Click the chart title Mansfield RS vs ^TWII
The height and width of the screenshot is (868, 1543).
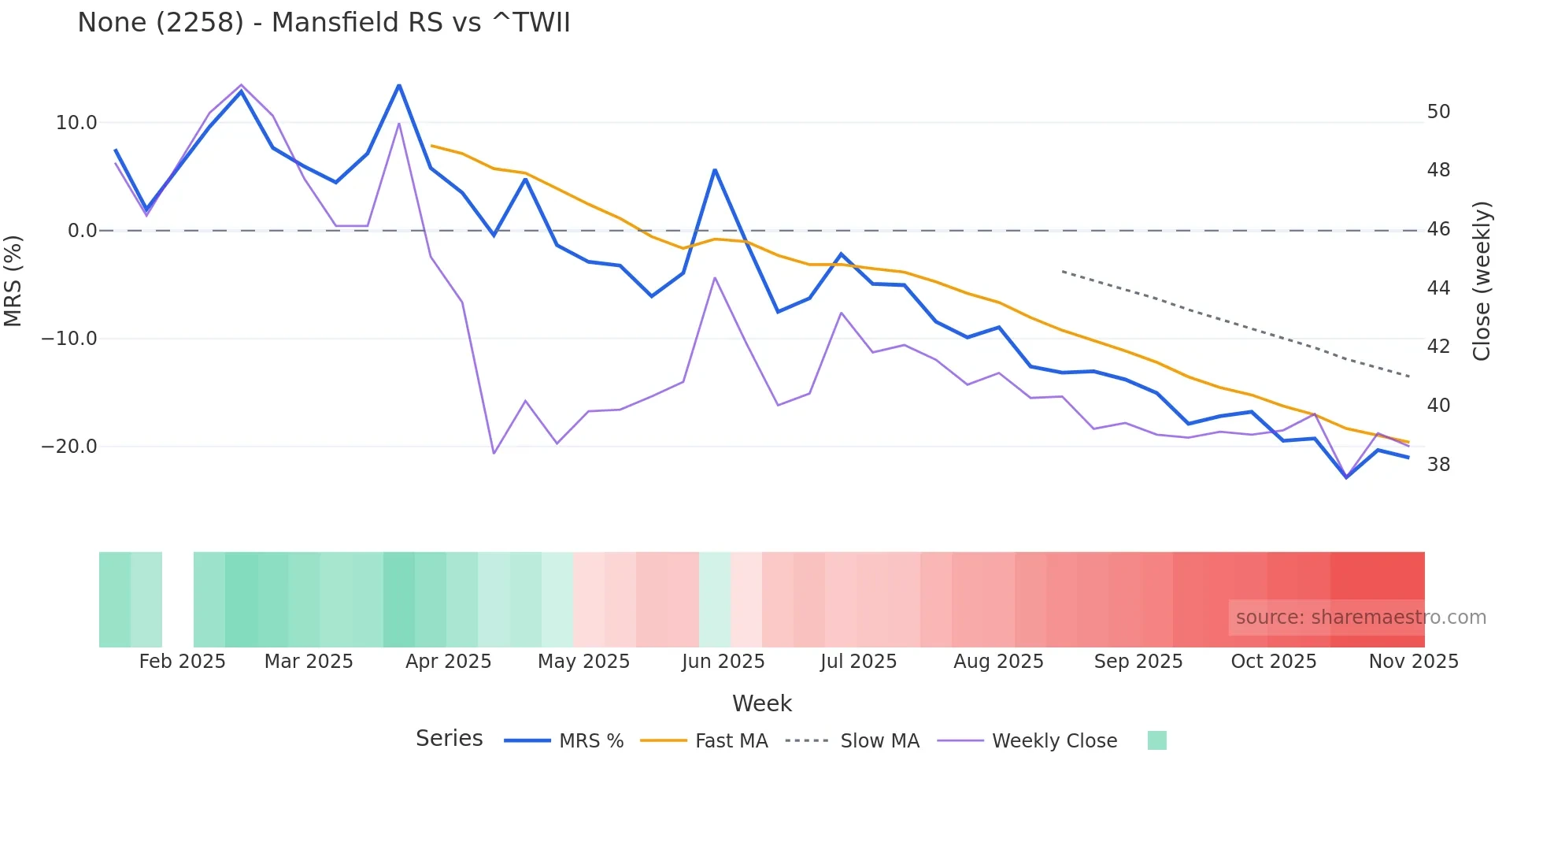click(x=324, y=23)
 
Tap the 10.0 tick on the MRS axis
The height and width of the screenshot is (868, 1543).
click(x=76, y=123)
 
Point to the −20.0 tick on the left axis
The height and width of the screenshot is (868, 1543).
click(x=69, y=447)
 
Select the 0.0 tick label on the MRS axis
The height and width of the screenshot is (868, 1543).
click(x=83, y=231)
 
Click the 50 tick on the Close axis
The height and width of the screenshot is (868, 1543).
click(x=1438, y=112)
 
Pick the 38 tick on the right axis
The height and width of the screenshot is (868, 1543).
click(x=1438, y=465)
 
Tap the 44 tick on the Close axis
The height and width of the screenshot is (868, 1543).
click(x=1438, y=288)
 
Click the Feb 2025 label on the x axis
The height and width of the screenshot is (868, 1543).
click(x=182, y=662)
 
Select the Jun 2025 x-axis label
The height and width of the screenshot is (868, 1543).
click(x=723, y=662)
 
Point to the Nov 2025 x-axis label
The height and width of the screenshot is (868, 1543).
click(x=1413, y=662)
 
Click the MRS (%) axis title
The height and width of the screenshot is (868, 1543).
click(x=13, y=281)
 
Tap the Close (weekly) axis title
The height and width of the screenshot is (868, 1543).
click(x=1482, y=281)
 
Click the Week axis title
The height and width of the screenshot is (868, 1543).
click(x=761, y=703)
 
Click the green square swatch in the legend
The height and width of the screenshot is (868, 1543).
click(x=1156, y=740)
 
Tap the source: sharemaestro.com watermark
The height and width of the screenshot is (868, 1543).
click(x=1360, y=618)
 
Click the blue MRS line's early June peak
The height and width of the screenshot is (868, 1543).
click(x=715, y=170)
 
